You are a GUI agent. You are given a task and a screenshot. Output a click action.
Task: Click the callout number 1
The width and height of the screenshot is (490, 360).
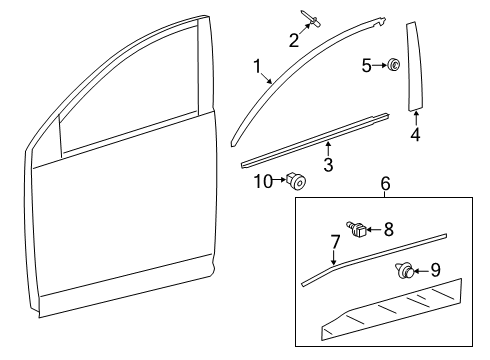click(259, 69)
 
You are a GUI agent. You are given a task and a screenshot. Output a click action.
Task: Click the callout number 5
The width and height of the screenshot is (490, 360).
click(366, 67)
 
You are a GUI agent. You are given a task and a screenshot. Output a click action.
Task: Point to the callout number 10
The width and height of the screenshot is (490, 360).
click(262, 180)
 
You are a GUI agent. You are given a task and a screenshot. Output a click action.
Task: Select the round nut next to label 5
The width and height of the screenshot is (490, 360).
click(395, 67)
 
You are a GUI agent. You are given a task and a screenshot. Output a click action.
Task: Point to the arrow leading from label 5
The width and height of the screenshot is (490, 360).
click(379, 67)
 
